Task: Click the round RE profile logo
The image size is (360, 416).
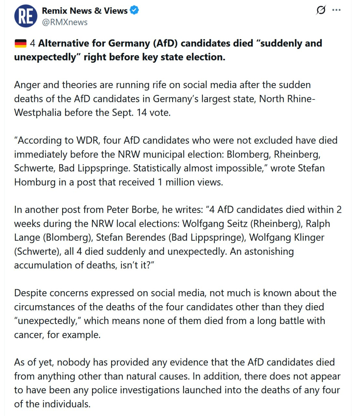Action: coord(25,16)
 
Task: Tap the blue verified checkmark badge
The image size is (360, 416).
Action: coord(134,10)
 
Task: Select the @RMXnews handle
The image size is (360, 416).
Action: coord(65,22)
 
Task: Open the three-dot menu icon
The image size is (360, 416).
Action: coord(336,10)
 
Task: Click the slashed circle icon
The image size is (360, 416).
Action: coord(321,10)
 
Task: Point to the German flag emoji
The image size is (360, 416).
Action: coord(20,43)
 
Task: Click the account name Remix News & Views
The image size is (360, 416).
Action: coord(85,11)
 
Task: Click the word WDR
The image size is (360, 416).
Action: coord(88,140)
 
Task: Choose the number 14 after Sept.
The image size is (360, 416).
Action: coord(141,112)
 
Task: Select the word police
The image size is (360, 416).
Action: coord(103,390)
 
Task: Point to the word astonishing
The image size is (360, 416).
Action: coord(262,252)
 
